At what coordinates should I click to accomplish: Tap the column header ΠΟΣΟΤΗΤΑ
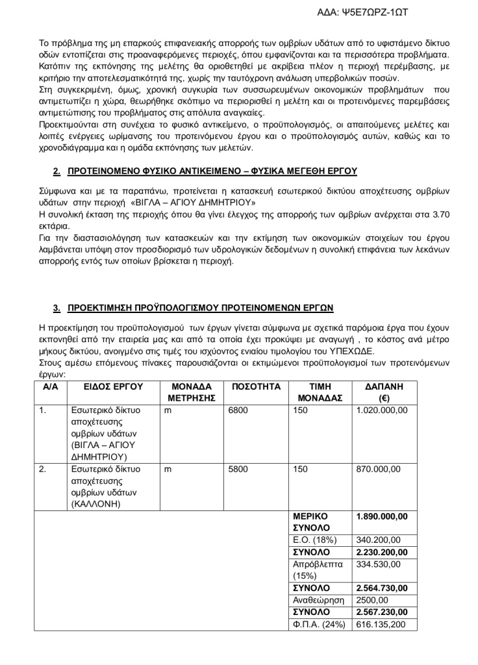click(255, 386)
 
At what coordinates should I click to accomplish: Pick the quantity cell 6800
click(238, 410)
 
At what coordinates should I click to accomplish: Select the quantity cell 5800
click(238, 468)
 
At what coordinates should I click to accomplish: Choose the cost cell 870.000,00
click(379, 468)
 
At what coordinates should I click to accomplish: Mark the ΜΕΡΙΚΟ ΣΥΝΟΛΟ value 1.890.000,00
click(382, 516)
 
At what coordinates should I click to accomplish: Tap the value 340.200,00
click(379, 540)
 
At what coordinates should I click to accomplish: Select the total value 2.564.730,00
click(382, 588)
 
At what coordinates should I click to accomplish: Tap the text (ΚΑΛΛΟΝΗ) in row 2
click(94, 503)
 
